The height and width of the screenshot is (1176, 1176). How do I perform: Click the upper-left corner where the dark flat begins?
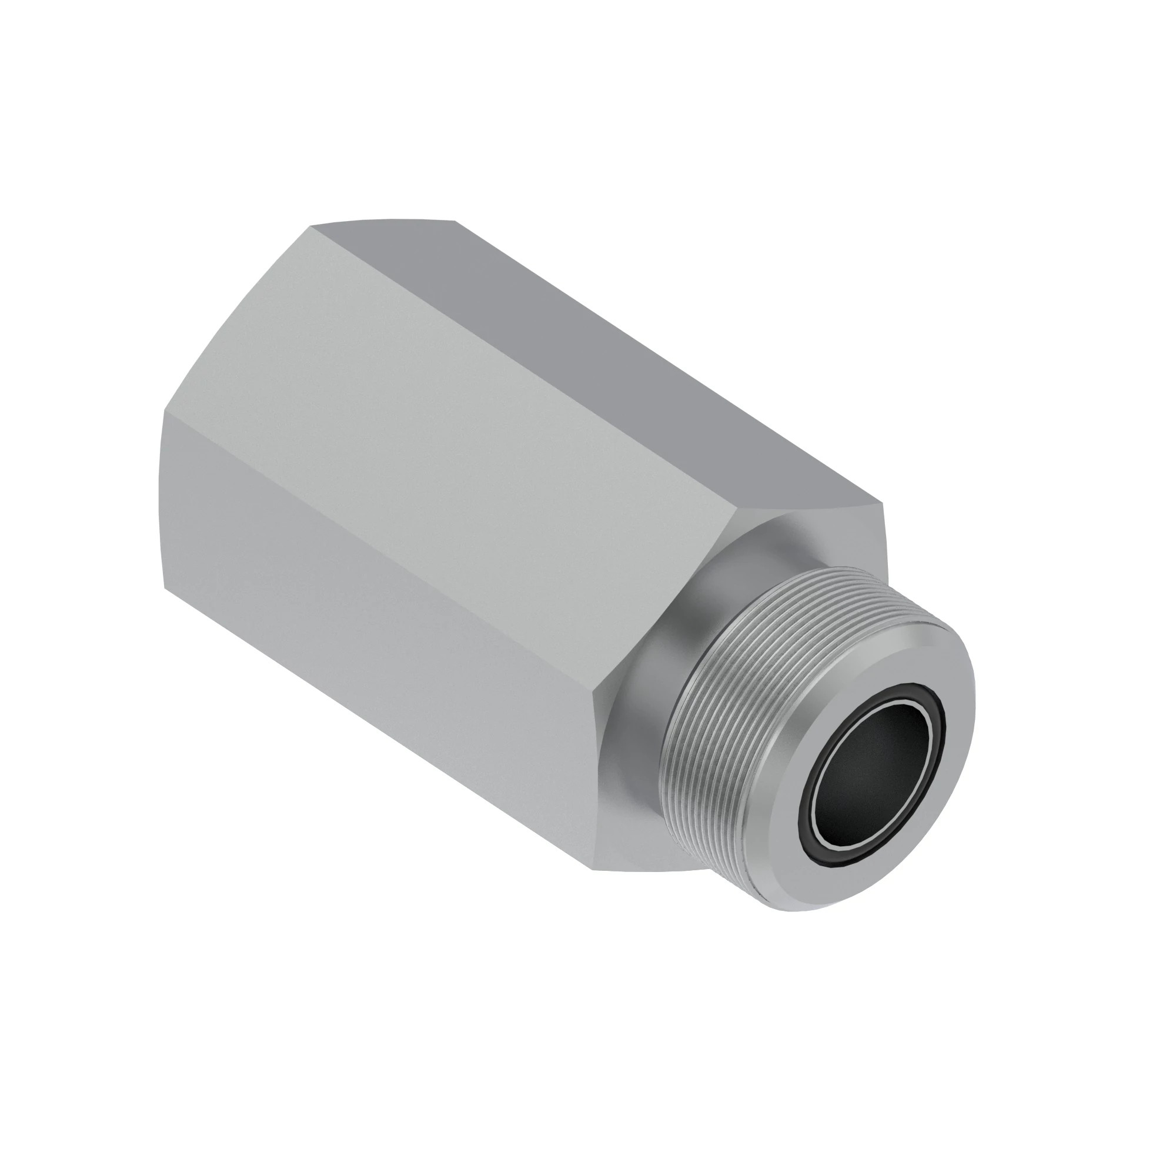coord(310,226)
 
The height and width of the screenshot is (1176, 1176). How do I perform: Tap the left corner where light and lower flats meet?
coord(165,412)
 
